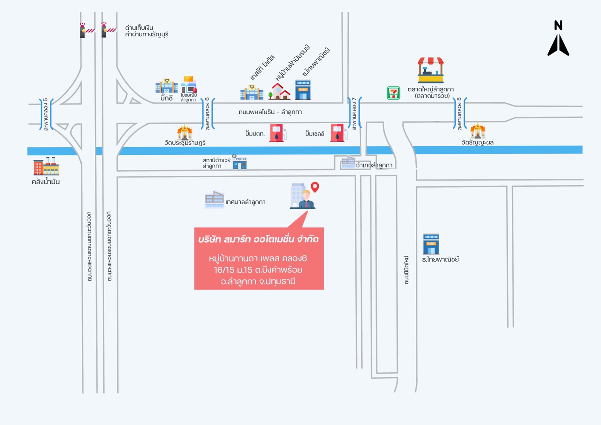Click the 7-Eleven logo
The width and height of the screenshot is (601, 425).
393,93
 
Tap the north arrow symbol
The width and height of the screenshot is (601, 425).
558,38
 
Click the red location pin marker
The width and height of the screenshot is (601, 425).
315,187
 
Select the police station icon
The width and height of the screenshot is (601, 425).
239,162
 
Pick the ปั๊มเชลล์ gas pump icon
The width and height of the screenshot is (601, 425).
339,133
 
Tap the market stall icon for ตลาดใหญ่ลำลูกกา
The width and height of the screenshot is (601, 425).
431,70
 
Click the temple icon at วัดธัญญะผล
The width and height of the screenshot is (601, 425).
477,130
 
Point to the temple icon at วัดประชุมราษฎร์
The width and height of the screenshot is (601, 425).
184,132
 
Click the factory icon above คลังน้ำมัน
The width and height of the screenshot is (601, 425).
46,166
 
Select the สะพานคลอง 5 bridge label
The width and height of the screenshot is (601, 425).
46,115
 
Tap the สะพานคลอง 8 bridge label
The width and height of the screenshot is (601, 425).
459,114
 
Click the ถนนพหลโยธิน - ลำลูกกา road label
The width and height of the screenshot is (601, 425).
270,112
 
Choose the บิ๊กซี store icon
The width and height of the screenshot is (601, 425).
166,86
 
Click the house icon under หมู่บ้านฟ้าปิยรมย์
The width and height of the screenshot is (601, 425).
279,91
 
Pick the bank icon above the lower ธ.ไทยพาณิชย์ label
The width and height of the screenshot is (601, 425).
431,244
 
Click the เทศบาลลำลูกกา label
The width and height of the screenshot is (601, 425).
246,202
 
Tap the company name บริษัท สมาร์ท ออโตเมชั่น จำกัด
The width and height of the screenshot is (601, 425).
258,239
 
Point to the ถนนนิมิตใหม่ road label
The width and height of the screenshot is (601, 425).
406,270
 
